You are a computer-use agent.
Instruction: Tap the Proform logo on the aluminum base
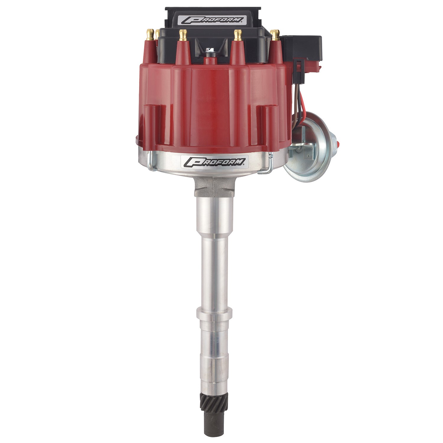214,161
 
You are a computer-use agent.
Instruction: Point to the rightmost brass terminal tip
275,35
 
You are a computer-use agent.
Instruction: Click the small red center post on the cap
210,61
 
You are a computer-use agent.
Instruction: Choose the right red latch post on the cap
268,124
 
